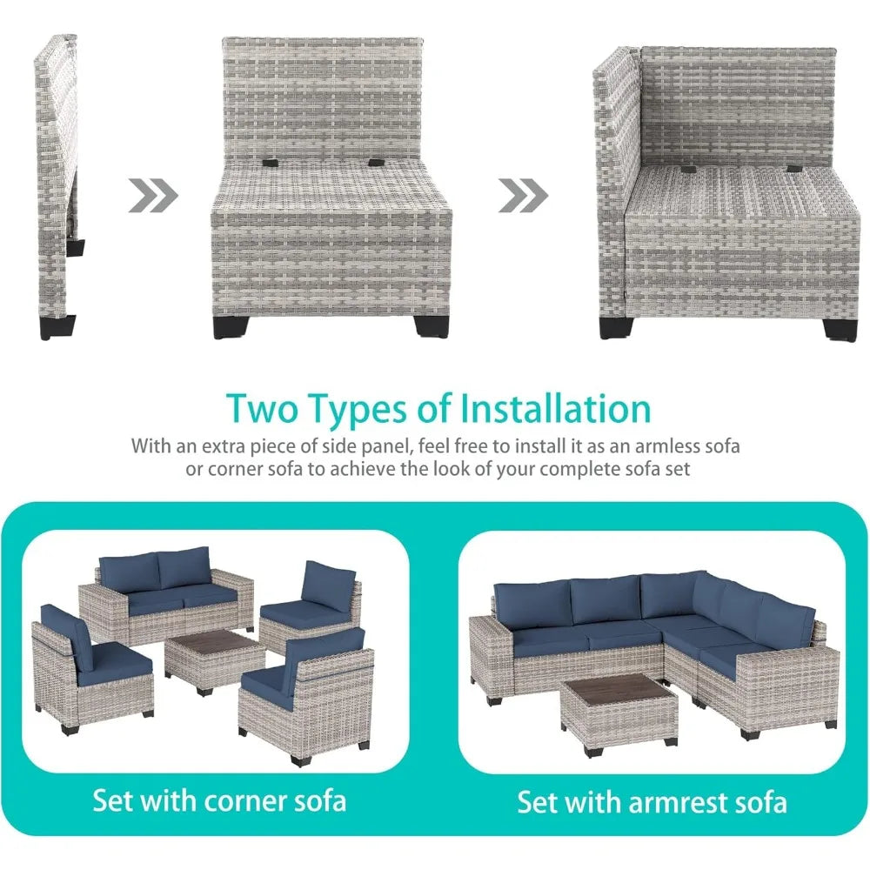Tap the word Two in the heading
coord(260,409)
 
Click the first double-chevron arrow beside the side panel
coord(152,195)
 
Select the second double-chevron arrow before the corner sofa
coord(523,195)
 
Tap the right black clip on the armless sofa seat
coord(375,164)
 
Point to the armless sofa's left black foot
coord(230,327)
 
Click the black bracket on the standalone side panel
coord(76,247)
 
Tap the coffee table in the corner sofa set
coord(215,662)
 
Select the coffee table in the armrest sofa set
coord(619,713)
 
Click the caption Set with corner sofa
coord(220,800)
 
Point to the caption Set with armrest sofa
coord(652,802)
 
